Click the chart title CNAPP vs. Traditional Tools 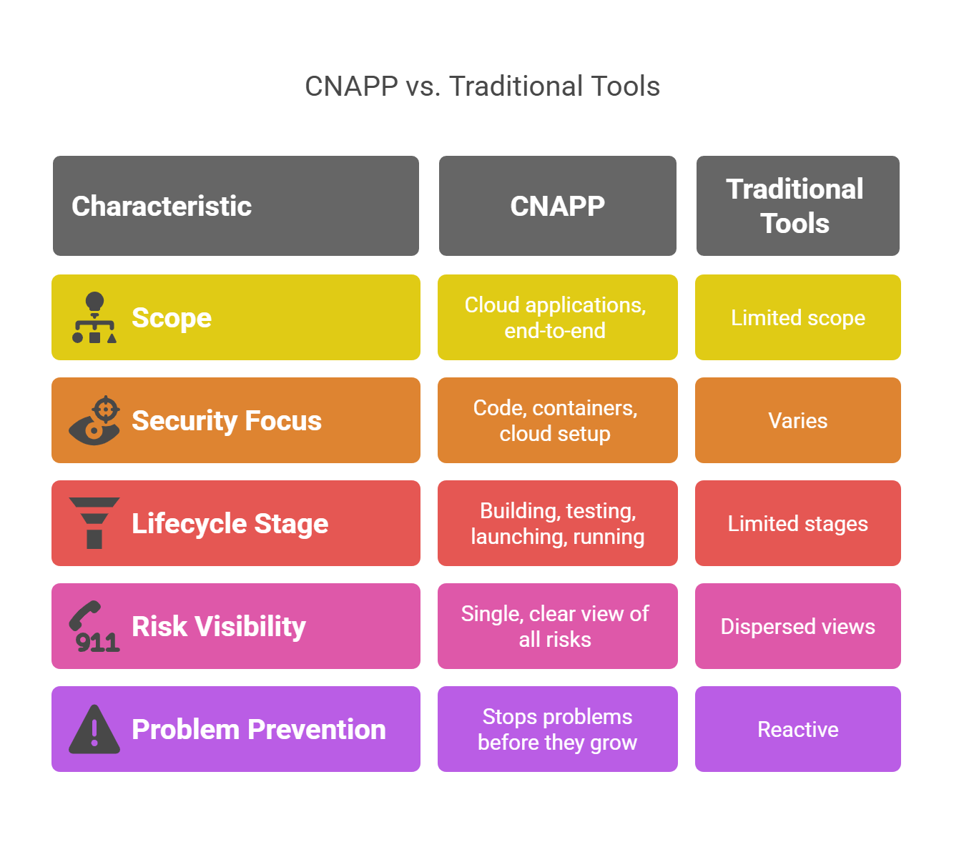click(x=482, y=86)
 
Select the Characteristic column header click(x=235, y=206)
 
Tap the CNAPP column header click(x=558, y=206)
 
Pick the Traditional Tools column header click(x=797, y=206)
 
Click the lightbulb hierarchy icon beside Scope click(x=94, y=317)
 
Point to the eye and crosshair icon click(x=94, y=420)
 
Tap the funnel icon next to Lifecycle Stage click(x=94, y=523)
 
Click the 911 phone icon click(x=94, y=626)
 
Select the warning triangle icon click(x=94, y=729)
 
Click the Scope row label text click(x=172, y=317)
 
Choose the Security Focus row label click(x=227, y=420)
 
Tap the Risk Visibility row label click(x=219, y=626)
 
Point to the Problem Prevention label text click(x=259, y=729)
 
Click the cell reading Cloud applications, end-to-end click(x=558, y=317)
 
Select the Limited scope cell click(x=797, y=317)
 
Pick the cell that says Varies click(x=797, y=420)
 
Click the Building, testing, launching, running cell click(x=558, y=523)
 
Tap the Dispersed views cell click(x=797, y=626)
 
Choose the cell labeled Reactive click(x=797, y=729)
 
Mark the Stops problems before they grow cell click(x=558, y=729)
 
